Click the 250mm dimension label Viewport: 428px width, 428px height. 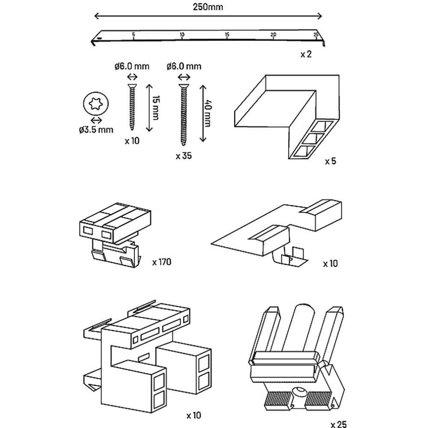click(x=208, y=7)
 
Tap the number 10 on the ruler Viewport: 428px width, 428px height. click(x=182, y=35)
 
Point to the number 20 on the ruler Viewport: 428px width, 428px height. click(x=273, y=35)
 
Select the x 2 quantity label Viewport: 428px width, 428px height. click(x=306, y=54)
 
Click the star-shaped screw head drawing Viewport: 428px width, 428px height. click(x=96, y=104)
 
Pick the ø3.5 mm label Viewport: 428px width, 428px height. click(x=96, y=130)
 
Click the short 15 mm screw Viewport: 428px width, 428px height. click(x=132, y=107)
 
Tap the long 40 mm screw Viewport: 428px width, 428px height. click(x=184, y=115)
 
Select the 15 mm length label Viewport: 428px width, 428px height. click(x=156, y=107)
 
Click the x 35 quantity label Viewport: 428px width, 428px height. click(x=184, y=156)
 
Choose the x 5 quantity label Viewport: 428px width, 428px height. click(x=330, y=161)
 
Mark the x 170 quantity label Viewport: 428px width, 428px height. click(x=162, y=262)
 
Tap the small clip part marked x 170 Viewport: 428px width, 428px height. click(x=115, y=235)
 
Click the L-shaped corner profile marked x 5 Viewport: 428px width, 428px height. click(x=287, y=117)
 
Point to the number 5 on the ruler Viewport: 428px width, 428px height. click(x=133, y=35)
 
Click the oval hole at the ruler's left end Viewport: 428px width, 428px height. click(x=98, y=39)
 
